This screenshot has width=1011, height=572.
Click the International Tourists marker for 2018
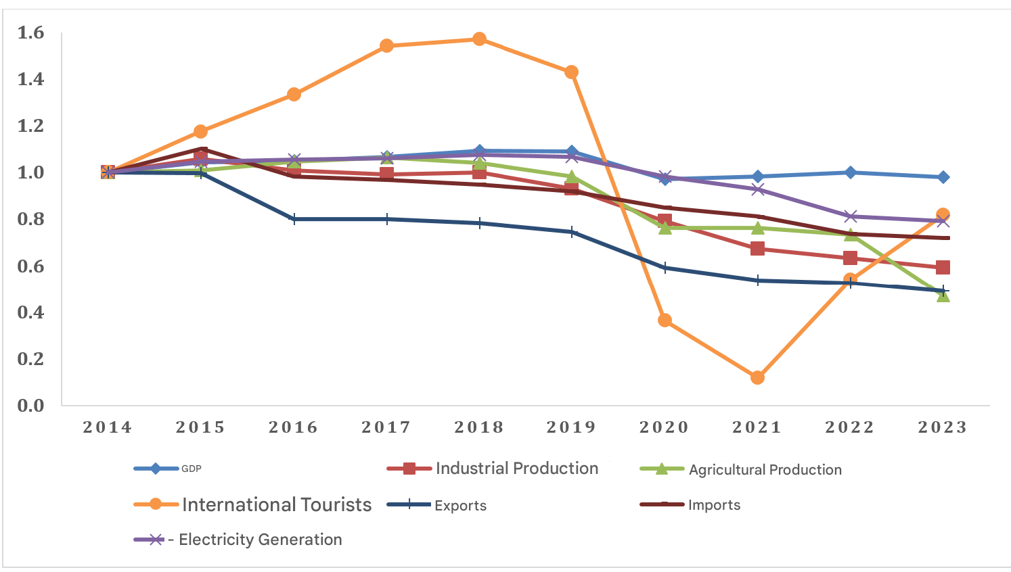click(x=479, y=39)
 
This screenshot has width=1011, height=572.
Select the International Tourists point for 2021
click(x=757, y=377)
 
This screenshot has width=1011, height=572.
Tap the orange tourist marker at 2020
click(x=665, y=320)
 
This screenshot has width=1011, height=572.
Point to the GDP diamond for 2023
click(x=943, y=177)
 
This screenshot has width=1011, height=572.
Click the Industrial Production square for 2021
click(x=757, y=249)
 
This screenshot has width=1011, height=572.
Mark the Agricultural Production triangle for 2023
click(x=943, y=295)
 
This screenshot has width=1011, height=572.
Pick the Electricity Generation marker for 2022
click(x=851, y=216)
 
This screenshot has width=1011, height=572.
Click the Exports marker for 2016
click(x=294, y=219)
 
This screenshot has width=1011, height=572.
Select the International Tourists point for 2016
click(x=294, y=94)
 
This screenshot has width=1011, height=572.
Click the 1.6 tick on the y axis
click(x=30, y=33)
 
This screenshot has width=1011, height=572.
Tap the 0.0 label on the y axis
click(x=30, y=406)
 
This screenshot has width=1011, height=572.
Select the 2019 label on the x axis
click(x=572, y=427)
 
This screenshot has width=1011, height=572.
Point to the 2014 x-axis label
click(x=108, y=427)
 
